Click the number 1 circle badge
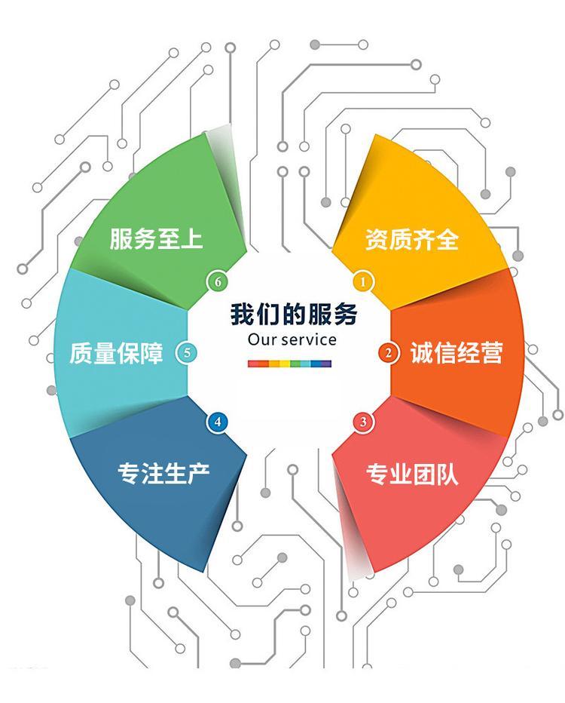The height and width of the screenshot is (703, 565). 363,282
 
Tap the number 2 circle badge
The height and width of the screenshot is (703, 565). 389,353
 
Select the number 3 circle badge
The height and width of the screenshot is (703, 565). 363,422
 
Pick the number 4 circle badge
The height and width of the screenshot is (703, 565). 218,422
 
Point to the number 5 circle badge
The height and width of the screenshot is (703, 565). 187,353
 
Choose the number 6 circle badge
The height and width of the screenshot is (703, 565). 218,282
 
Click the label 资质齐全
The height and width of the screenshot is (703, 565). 412,239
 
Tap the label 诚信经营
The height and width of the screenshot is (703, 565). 457,352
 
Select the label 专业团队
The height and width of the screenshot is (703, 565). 412,474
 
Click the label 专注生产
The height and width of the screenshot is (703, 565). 164,474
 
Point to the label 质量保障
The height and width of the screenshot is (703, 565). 117,353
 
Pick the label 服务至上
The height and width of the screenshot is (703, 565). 156,238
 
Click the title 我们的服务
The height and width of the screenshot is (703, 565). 294,314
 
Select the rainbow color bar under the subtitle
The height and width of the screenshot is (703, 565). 290,364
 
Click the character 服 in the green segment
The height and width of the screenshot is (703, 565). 121,238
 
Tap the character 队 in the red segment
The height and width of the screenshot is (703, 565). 447,474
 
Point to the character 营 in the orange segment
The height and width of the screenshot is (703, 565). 493,352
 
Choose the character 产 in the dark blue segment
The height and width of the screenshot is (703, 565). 199,474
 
